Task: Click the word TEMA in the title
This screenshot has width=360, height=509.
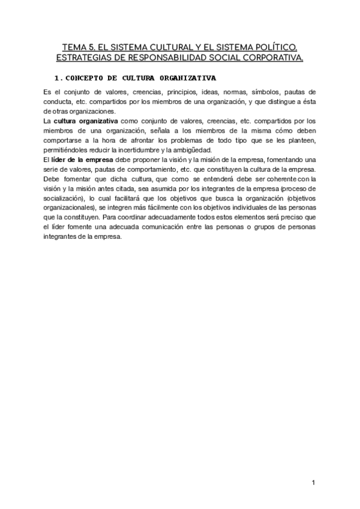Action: pos(74,46)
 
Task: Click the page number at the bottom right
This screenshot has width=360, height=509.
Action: pos(313,483)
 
